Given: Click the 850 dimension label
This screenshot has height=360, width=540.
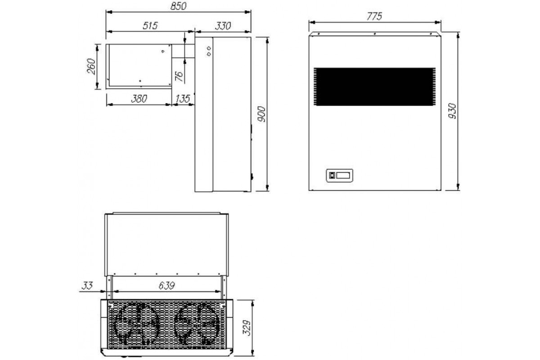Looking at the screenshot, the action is coord(178,6).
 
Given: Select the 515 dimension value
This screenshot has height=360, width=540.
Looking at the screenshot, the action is coord(150,26).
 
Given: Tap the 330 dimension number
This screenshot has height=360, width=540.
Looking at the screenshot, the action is coord(223,26).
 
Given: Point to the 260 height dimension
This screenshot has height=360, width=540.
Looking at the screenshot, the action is coord(91,67).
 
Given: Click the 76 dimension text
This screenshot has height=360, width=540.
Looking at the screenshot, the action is coord(180,76).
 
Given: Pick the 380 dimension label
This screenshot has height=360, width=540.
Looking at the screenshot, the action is coord(139,99).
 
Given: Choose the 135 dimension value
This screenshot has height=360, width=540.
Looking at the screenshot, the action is coord(183,99).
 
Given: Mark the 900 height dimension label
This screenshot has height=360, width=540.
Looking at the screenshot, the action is coord(261,114).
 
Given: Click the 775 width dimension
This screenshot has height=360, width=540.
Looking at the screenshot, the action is coord(374,16).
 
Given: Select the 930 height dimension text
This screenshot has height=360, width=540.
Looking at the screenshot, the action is coord(452,111).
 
